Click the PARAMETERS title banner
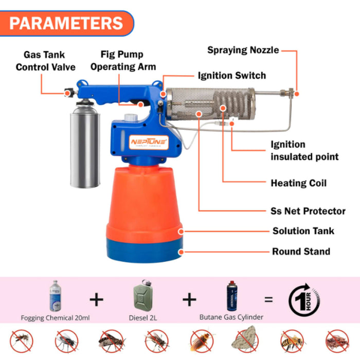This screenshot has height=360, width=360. tap(67, 23)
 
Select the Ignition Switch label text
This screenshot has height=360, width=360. tap(232, 76)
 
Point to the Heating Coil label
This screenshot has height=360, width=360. tap(298, 183)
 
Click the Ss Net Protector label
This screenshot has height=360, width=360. tap(308, 211)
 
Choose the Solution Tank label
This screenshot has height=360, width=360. tap(303, 231)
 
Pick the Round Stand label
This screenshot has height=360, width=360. tap(301, 251)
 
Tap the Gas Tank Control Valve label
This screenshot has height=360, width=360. tap(45, 60)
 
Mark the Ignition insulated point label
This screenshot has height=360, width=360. tap(304, 150)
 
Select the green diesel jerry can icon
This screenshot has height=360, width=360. tap(142, 296)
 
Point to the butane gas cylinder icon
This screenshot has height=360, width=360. tap(232, 296)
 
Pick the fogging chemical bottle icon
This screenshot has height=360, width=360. tap(55, 296)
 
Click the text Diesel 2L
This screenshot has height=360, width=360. tap(142, 318)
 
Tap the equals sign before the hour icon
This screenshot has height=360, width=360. tap(268, 299)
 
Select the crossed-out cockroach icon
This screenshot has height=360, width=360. tap(201, 340)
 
